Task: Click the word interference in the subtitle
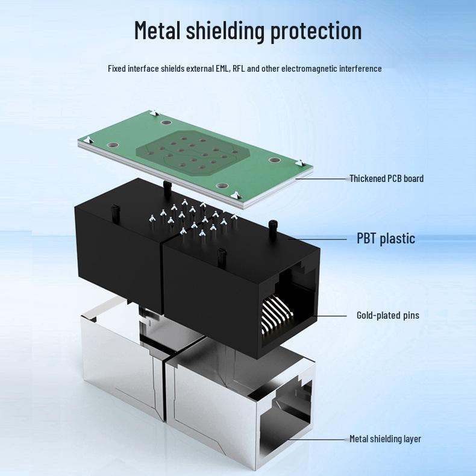pos(360,69)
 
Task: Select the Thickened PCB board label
pos(386,178)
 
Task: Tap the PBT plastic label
pos(386,239)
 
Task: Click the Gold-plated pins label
pos(387,315)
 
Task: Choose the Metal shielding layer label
pos(385,439)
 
